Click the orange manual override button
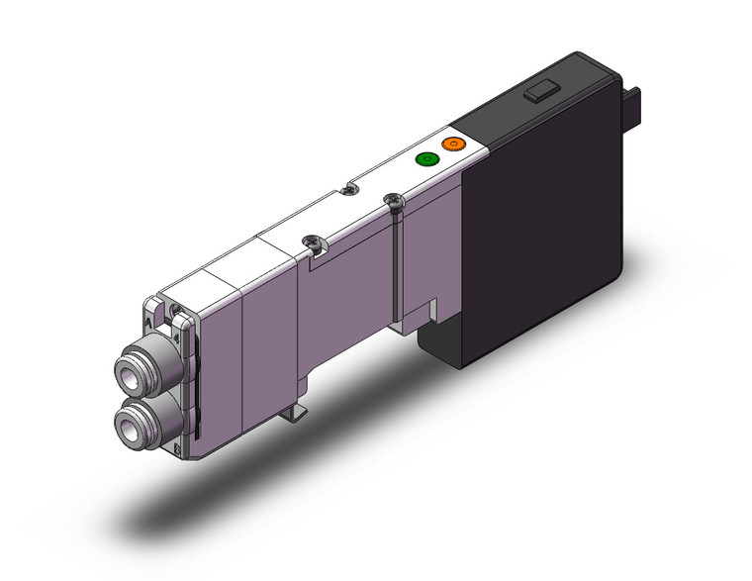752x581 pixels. click(453, 145)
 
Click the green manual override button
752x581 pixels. click(427, 158)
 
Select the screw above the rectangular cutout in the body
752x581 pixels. click(315, 241)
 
